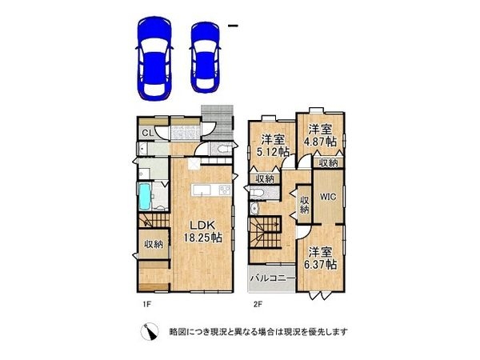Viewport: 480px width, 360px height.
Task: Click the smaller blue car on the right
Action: (x=206, y=54)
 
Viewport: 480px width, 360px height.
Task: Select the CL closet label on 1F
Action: (x=147, y=134)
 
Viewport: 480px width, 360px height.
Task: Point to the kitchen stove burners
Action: (x=223, y=189)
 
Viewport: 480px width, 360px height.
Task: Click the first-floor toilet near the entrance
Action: (x=222, y=149)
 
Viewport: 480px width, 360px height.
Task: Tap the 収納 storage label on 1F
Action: (x=154, y=245)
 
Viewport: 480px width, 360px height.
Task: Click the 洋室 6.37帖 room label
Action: (x=320, y=257)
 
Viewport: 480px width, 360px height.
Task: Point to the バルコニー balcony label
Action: (x=272, y=279)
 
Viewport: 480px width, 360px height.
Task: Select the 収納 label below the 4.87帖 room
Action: (x=328, y=163)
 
